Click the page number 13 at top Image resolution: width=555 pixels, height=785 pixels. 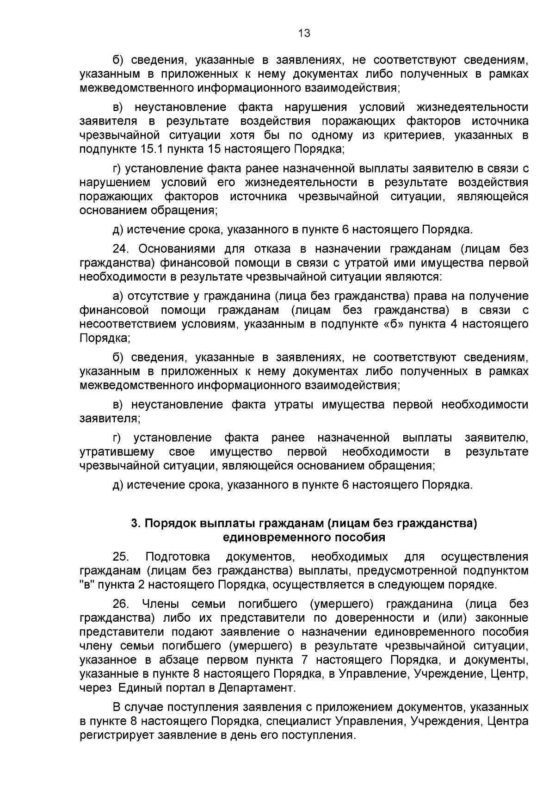tap(304, 33)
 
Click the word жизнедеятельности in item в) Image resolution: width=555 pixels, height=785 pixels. tap(472, 107)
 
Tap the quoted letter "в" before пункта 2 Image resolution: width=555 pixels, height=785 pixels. tap(86, 584)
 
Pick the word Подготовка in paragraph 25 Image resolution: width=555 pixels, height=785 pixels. tap(177, 556)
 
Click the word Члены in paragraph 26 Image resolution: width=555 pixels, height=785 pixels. tap(160, 604)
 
